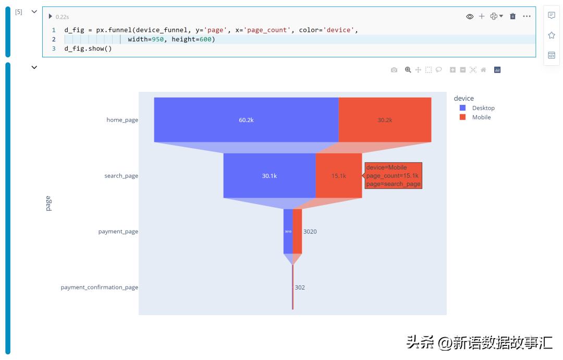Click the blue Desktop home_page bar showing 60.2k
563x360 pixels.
(x=246, y=119)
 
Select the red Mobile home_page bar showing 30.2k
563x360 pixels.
(x=385, y=119)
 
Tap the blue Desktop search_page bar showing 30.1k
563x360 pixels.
(x=269, y=176)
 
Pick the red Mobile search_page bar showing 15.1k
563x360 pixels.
(x=339, y=176)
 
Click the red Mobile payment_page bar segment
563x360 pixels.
(x=297, y=231)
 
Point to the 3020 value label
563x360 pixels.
(x=310, y=231)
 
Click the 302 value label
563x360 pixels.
(x=300, y=287)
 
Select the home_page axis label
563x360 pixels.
(x=122, y=119)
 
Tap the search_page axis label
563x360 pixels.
(x=121, y=176)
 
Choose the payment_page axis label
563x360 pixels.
(x=118, y=231)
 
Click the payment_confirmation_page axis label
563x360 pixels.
(x=99, y=287)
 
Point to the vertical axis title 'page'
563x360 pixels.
(x=48, y=203)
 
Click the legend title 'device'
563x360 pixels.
(x=463, y=98)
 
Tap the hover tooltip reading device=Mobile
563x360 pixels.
(x=393, y=176)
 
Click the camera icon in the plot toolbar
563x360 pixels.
(x=394, y=70)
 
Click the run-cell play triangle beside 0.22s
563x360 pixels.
(x=51, y=16)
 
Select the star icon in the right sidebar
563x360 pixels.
(x=552, y=35)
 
